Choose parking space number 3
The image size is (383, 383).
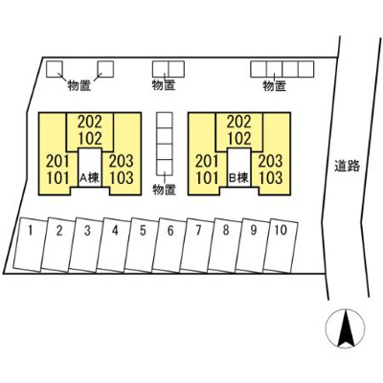tap(83, 245)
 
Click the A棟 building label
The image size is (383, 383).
tap(89, 178)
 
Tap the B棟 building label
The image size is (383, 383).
tap(238, 178)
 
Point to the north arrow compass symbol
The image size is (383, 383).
tap(345, 328)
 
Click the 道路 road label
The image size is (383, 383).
tap(348, 166)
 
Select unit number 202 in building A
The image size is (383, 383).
tap(90, 122)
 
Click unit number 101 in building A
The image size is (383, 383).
tap(58, 178)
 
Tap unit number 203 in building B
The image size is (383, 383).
tap(270, 161)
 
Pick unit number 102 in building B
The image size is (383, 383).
tap(239, 139)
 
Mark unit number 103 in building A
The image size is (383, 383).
tap(122, 178)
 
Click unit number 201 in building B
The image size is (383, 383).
tap(207, 161)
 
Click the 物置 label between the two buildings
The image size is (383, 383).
tap(165, 190)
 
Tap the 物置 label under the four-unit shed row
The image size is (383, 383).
tap(275, 86)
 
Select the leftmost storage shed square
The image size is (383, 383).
tap(55, 69)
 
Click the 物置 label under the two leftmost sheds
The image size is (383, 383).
tap(79, 85)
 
